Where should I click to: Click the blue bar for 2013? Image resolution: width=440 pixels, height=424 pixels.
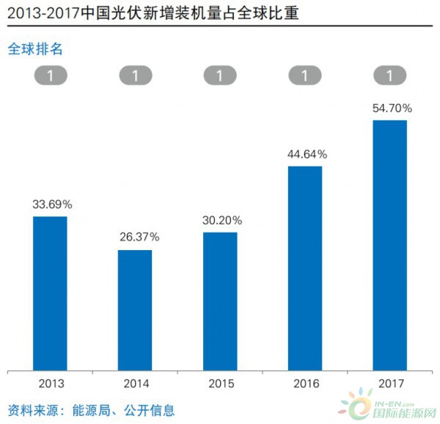tap(50, 293)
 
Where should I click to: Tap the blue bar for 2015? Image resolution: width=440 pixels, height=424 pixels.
tap(220, 301)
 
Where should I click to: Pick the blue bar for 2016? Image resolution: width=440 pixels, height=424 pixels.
tap(305, 268)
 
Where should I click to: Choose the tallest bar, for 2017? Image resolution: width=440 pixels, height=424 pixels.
tap(390, 246)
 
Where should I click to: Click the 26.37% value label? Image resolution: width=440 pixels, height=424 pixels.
tap(137, 237)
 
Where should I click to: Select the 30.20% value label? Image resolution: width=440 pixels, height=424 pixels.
tap(222, 219)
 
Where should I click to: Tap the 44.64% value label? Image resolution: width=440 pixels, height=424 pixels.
tap(307, 154)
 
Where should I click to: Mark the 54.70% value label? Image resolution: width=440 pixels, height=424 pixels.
tap(392, 108)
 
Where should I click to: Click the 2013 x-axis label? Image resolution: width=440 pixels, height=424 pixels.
tap(50, 384)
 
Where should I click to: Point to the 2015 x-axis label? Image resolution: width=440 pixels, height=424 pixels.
tap(220, 384)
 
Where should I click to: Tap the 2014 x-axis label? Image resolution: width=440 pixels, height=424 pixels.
tap(135, 384)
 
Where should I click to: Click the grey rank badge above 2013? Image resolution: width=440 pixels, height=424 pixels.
tap(50, 75)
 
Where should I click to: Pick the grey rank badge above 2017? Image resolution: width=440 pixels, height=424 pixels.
tap(390, 75)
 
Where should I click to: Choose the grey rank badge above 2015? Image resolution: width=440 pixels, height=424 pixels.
tap(220, 75)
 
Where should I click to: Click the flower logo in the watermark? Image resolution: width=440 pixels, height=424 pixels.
tap(353, 405)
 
